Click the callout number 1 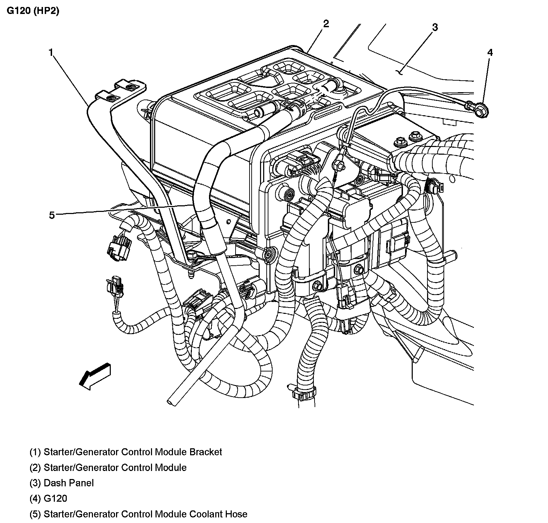(x=51, y=53)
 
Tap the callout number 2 (x=326, y=24)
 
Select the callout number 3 (x=434, y=27)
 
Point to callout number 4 (x=490, y=53)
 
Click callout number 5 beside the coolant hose (x=52, y=215)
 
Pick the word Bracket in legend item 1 (x=206, y=452)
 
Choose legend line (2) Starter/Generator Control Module (x=108, y=467)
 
